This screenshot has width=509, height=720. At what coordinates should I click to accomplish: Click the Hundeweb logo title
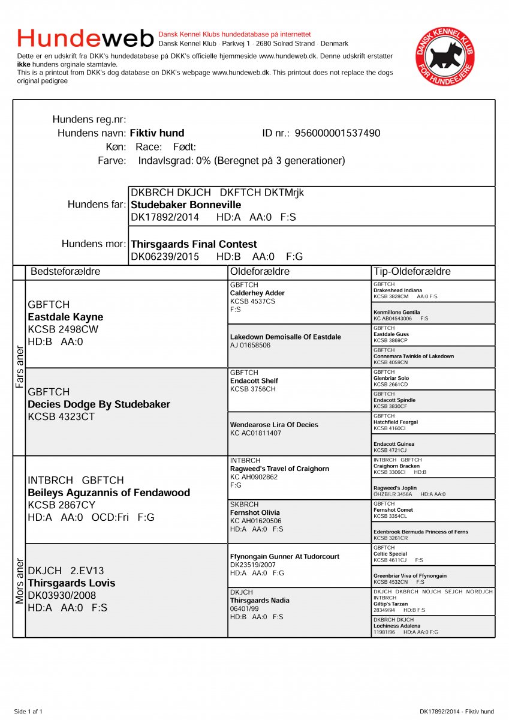click(86, 38)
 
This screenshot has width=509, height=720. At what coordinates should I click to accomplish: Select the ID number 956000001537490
click(338, 133)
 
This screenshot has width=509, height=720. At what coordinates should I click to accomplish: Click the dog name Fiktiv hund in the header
click(157, 133)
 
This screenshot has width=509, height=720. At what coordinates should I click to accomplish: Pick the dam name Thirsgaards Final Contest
click(194, 244)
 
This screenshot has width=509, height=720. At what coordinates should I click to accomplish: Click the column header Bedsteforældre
click(65, 272)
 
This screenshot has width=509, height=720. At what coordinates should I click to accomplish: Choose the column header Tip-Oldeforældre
click(411, 272)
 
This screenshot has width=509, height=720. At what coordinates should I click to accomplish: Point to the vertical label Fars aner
click(19, 367)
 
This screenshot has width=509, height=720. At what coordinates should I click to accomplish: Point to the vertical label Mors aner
click(19, 581)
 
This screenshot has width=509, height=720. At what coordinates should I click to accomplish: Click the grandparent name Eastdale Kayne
click(65, 317)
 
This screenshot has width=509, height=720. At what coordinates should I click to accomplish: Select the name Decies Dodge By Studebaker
click(99, 404)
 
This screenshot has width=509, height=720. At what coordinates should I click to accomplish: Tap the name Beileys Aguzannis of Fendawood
click(109, 493)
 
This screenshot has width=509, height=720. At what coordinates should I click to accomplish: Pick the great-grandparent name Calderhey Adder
click(257, 293)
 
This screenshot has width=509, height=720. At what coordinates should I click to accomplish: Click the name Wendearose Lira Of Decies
click(273, 425)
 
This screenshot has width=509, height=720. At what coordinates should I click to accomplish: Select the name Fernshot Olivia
click(255, 513)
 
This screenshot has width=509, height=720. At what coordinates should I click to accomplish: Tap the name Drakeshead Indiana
click(397, 290)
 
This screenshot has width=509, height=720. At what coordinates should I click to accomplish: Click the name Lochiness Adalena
click(397, 626)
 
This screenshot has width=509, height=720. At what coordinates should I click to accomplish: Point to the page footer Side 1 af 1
click(28, 712)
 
